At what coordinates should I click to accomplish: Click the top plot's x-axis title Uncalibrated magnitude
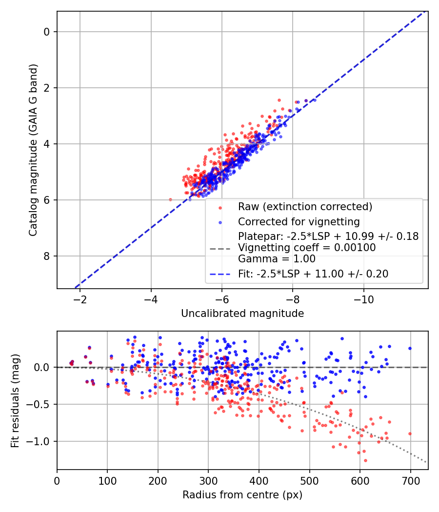click(242, 314)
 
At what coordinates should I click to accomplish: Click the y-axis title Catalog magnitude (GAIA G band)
click(33, 150)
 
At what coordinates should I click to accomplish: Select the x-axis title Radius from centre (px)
click(242, 495)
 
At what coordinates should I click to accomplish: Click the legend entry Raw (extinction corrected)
click(305, 207)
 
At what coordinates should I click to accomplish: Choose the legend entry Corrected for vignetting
click(299, 222)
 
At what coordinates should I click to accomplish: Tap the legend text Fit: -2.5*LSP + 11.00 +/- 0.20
click(313, 274)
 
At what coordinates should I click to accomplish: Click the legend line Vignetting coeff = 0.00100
click(307, 248)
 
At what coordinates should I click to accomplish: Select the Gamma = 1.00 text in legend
click(277, 259)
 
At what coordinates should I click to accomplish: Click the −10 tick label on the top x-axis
click(363, 298)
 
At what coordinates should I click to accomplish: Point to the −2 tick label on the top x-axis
click(80, 298)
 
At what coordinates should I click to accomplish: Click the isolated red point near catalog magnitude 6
click(170, 199)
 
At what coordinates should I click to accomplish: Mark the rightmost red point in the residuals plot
click(410, 433)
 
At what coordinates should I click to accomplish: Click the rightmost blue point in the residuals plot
click(410, 348)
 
